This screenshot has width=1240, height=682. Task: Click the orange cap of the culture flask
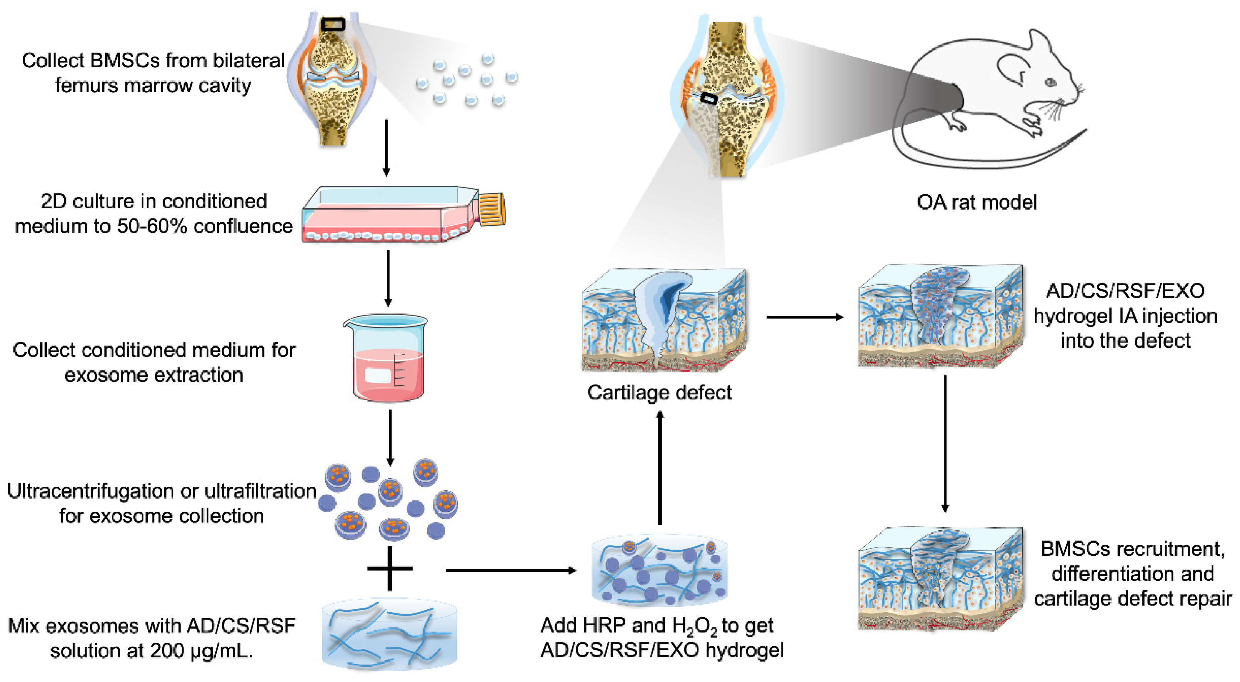[x=492, y=210]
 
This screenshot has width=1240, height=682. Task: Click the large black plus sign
[x=390, y=569]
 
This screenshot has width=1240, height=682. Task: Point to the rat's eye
[x=1051, y=83]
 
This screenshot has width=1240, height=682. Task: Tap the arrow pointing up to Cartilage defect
[x=660, y=467]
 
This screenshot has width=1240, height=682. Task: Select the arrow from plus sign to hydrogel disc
[x=510, y=570]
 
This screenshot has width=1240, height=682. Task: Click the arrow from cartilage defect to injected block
[x=804, y=317]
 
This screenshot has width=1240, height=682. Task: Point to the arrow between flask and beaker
[x=388, y=278]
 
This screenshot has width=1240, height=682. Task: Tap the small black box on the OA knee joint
[x=708, y=99]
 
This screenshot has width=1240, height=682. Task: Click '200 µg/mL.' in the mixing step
[x=201, y=651]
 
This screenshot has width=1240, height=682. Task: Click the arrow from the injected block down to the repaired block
[x=945, y=443]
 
